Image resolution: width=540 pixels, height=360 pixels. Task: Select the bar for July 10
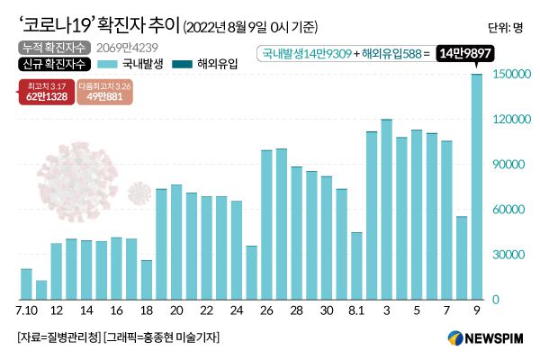(26, 283)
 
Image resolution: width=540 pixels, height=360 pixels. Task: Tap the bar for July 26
(266, 224)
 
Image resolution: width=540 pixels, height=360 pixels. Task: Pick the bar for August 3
(387, 209)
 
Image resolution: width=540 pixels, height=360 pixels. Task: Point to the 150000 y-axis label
(510, 75)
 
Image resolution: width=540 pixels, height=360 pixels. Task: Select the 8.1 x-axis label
(356, 310)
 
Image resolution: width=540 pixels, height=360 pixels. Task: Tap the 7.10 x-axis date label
(26, 310)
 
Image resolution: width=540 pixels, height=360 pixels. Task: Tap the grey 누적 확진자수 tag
(47, 46)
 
